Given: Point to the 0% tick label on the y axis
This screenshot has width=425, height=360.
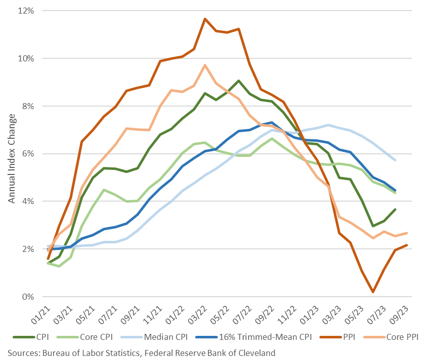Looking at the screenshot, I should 28,297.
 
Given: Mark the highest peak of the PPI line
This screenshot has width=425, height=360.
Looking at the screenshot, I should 205,19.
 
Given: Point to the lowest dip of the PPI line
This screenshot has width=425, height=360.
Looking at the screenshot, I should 373,292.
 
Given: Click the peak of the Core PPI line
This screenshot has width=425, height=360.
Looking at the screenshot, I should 205,65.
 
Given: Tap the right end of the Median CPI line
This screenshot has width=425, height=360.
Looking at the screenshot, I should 396,160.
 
